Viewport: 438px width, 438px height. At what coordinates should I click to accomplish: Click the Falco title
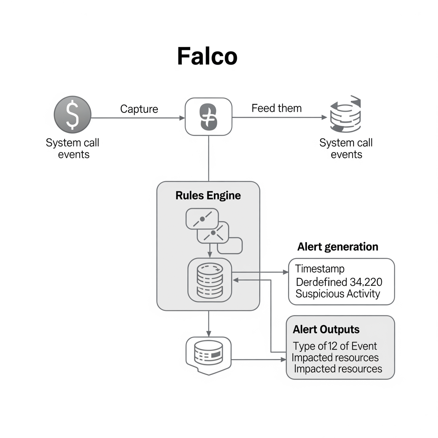[207, 56]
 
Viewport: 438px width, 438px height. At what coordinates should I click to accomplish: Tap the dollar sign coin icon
[72, 114]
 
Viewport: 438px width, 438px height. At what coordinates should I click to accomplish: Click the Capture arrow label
[139, 109]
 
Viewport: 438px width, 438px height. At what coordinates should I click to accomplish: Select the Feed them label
[276, 108]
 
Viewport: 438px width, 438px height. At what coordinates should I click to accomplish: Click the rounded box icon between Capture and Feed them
[208, 117]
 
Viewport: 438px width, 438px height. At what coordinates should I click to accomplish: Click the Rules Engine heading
[208, 196]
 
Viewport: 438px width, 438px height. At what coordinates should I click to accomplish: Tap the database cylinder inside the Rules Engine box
[210, 280]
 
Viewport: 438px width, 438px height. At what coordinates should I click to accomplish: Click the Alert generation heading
[338, 247]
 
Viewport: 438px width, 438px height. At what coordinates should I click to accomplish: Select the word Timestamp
[320, 269]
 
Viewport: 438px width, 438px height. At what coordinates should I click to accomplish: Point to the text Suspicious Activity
[338, 294]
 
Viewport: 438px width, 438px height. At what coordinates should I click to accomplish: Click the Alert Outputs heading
[326, 329]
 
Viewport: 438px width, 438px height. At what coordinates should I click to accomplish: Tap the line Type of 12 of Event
[335, 346]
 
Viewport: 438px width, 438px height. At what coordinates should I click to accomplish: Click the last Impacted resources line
[338, 369]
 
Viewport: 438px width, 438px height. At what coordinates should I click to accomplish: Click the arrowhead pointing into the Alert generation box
[285, 272]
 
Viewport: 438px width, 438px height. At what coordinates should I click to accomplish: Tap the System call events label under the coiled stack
[346, 148]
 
